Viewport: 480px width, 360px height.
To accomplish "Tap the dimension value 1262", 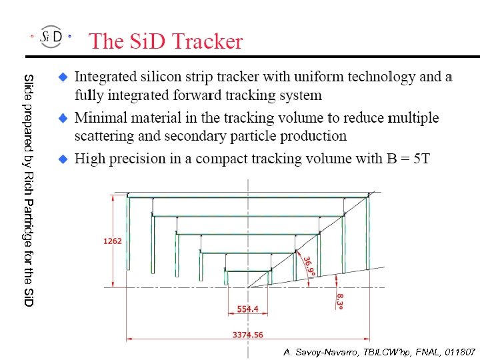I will point(113,241).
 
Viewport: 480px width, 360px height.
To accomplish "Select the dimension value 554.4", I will point(248,309).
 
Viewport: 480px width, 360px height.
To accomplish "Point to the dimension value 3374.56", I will point(247,335).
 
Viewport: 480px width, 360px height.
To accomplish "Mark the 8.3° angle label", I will point(340,301).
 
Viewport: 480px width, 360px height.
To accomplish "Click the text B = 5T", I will point(408,159).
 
